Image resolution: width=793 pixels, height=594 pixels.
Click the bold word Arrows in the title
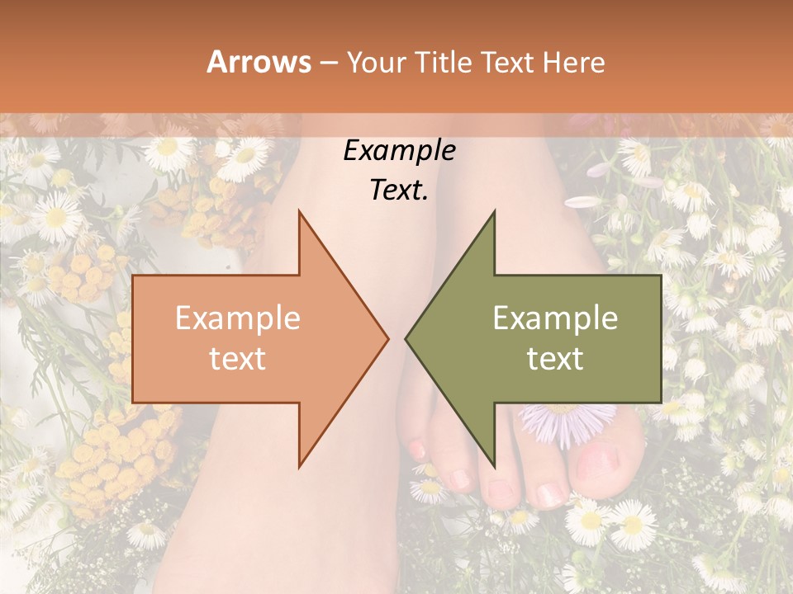tap(259, 62)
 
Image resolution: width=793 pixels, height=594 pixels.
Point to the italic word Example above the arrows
tap(399, 151)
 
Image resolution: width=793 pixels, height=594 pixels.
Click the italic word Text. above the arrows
tap(399, 190)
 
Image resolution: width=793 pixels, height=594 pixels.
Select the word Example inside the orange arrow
tap(237, 318)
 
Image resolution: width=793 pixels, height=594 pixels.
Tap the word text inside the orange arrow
tap(237, 358)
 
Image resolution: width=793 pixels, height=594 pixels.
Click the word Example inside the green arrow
tap(555, 318)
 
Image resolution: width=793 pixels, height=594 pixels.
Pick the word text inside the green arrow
tap(555, 358)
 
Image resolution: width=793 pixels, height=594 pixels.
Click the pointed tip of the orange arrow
tap(387, 337)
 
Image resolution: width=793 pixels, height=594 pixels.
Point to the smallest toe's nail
tap(417, 450)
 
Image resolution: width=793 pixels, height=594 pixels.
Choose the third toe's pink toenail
tap(499, 492)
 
